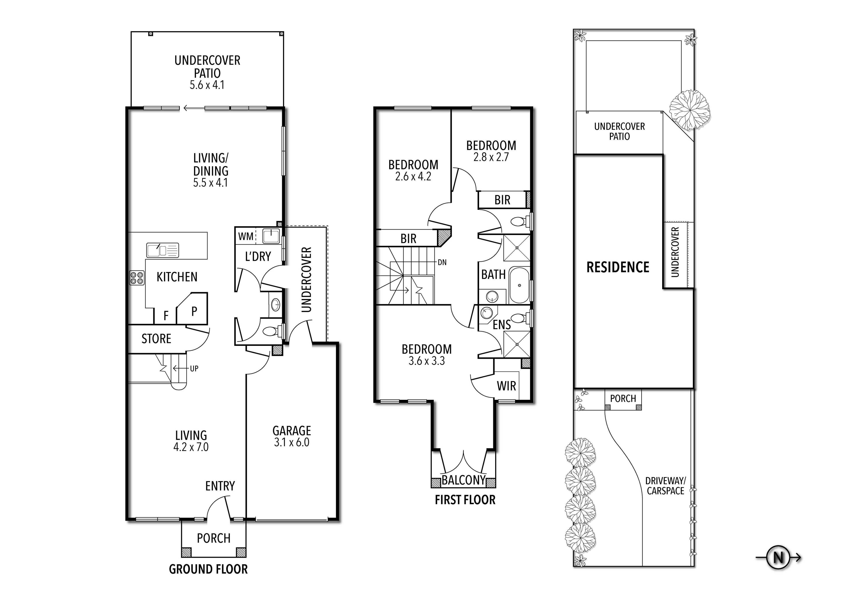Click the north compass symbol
point(778,558)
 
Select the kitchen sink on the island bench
point(162,250)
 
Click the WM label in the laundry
point(246,236)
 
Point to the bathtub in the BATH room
point(519,285)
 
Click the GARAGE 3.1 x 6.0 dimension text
point(291,442)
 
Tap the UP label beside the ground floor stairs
point(194,368)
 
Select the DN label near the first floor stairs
point(442,263)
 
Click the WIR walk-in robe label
point(506,386)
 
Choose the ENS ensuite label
point(502,325)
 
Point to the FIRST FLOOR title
point(465,500)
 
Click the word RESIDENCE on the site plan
point(618,267)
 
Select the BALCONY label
point(463,480)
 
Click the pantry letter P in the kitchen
point(194,311)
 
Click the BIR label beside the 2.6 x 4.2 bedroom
point(408,238)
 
